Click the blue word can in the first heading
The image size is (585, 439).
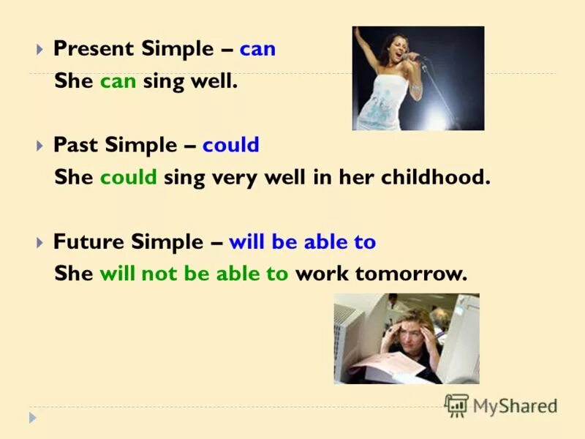(x=257, y=50)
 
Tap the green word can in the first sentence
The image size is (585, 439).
(x=118, y=81)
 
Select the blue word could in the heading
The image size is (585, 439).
(x=231, y=145)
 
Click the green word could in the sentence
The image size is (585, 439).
(x=129, y=178)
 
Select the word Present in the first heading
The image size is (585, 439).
(x=95, y=50)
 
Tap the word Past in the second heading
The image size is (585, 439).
(x=76, y=145)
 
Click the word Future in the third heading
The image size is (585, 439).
(x=87, y=241)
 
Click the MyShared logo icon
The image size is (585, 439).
(x=456, y=405)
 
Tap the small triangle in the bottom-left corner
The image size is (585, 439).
(x=32, y=418)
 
